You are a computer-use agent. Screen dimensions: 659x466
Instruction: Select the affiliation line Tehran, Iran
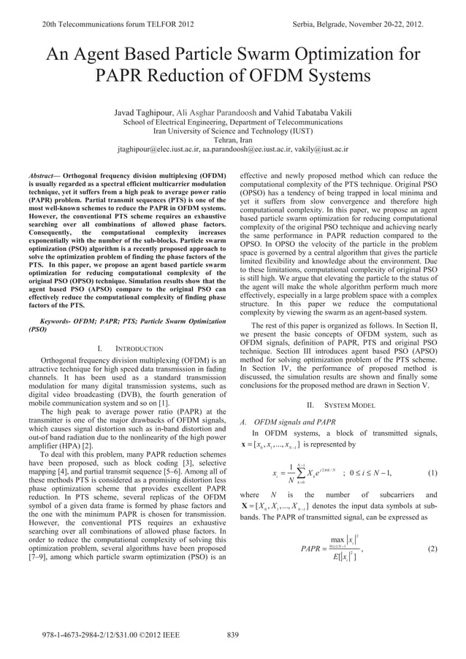[232, 140]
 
